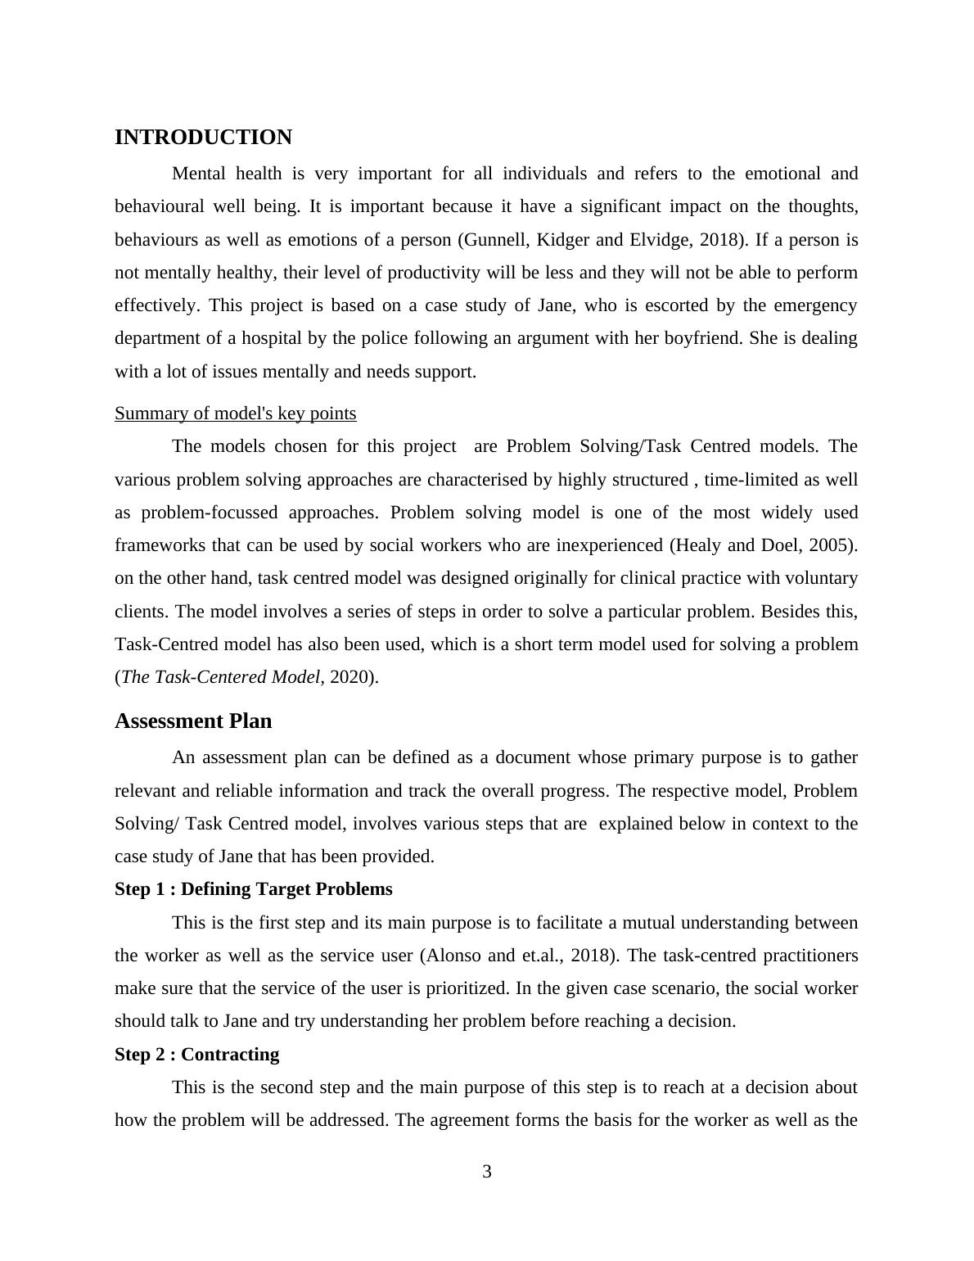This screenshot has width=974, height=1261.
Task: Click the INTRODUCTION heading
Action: pos(203,138)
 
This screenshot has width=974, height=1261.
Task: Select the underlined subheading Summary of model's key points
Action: pos(235,414)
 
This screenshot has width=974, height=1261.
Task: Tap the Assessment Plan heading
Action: pos(193,721)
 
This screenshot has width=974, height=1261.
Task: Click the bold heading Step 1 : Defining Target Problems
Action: pos(253,889)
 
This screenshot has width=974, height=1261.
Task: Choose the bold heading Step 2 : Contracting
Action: pos(196,1055)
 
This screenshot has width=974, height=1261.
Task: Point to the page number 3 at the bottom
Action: pos(487,1172)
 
